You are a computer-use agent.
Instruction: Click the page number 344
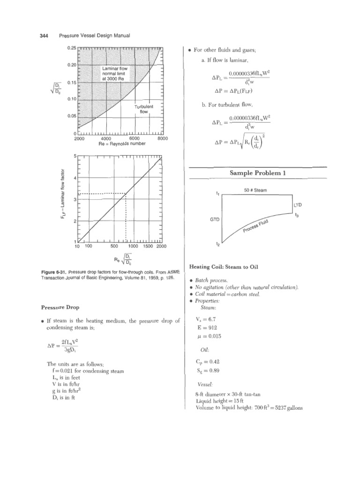coord(41,36)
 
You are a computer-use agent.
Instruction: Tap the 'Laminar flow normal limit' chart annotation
coord(117,74)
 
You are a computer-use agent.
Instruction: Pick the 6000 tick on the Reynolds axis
coord(134,139)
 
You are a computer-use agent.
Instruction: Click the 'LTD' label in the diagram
coord(298,205)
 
